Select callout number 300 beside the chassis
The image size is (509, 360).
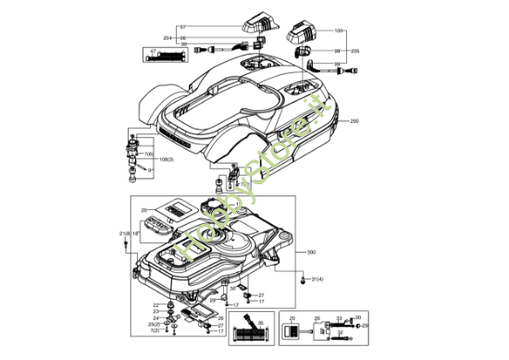pyautogui.click(x=312, y=252)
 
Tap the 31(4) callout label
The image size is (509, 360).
pyautogui.click(x=317, y=279)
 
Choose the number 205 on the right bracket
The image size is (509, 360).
pyautogui.click(x=355, y=51)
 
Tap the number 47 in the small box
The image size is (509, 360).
pyautogui.click(x=154, y=47)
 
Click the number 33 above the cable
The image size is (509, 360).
pyautogui.click(x=339, y=317)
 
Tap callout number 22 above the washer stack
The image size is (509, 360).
pyautogui.click(x=155, y=304)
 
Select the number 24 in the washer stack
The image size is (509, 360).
pyautogui.click(x=155, y=318)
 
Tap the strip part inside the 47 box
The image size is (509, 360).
pyautogui.click(x=173, y=56)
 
